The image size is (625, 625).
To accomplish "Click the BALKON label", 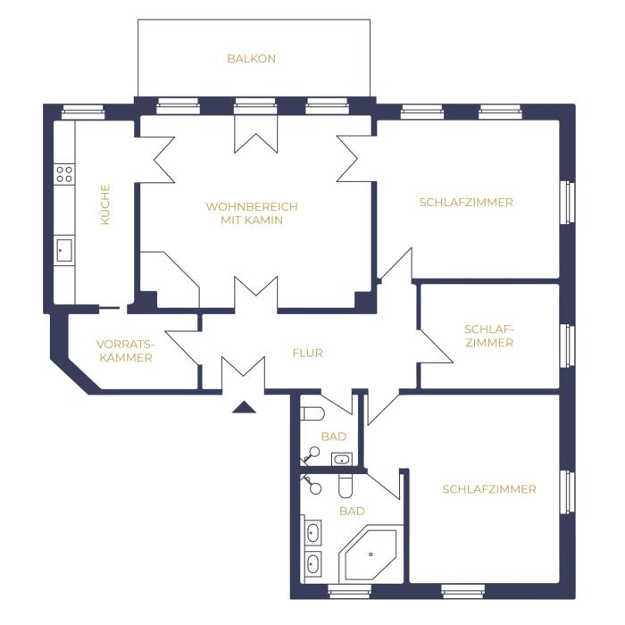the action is pyautogui.click(x=251, y=59).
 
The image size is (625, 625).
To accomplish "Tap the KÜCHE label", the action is pyautogui.click(x=104, y=204).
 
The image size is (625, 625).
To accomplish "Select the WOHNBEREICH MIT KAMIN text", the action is pyautogui.click(x=252, y=213).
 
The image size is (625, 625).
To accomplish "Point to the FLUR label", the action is pyautogui.click(x=307, y=353).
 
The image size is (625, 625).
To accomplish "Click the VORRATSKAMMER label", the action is pyautogui.click(x=126, y=351).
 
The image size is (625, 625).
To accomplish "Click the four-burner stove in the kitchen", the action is pyautogui.click(x=64, y=174).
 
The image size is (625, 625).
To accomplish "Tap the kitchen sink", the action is pyautogui.click(x=63, y=250).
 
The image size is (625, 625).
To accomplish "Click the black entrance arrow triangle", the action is pyautogui.click(x=244, y=407).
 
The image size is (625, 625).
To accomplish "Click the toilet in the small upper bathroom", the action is pyautogui.click(x=312, y=413).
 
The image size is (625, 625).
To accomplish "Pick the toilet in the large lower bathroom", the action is pyautogui.click(x=346, y=486).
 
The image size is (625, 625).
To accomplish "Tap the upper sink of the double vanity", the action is pyautogui.click(x=312, y=533).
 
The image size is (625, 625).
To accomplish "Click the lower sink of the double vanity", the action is pyautogui.click(x=312, y=563).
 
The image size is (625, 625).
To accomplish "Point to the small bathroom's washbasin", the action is pyautogui.click(x=342, y=459).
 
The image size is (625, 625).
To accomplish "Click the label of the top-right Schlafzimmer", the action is pyautogui.click(x=466, y=203).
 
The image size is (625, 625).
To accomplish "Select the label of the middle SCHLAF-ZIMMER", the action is pyautogui.click(x=489, y=336).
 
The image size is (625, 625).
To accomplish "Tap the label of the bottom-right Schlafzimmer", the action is pyautogui.click(x=489, y=489).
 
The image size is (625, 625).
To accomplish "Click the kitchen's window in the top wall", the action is pyautogui.click(x=83, y=112).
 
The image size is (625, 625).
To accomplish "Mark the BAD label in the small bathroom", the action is pyautogui.click(x=334, y=437).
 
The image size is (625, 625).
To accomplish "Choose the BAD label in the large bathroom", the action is pyautogui.click(x=352, y=511).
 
